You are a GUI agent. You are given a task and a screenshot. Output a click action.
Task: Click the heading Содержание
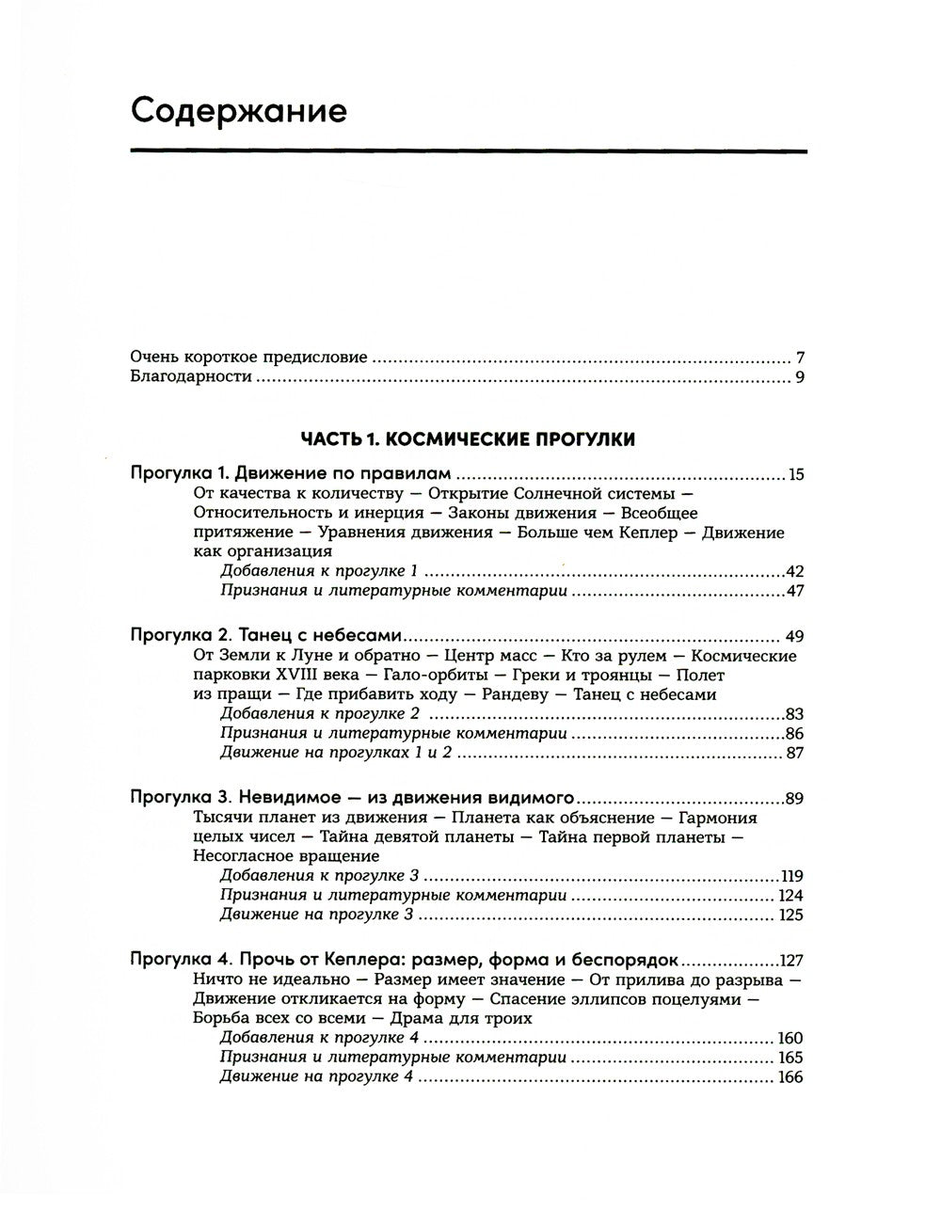(239, 111)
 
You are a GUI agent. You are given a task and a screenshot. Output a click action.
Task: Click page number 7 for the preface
(799, 358)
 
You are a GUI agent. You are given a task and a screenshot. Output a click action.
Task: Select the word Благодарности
(191, 377)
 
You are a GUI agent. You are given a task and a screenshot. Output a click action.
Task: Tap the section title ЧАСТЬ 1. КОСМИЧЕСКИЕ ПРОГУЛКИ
(468, 438)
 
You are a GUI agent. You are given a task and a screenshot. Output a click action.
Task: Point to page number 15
(796, 474)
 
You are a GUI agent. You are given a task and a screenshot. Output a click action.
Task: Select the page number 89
(794, 799)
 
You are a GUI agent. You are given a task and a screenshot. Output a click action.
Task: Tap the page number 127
(791, 962)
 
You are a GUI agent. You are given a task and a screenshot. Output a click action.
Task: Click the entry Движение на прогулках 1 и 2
(336, 752)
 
